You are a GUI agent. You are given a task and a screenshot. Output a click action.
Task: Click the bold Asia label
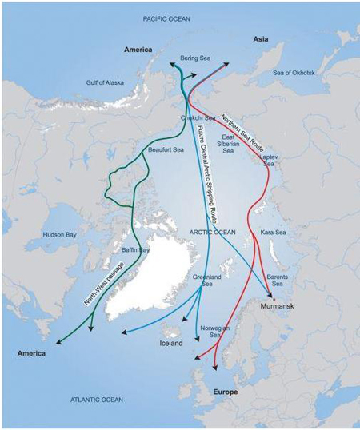point(262,38)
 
